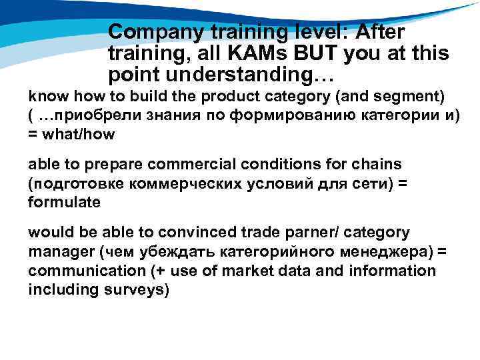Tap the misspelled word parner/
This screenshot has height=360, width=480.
tap(336, 233)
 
